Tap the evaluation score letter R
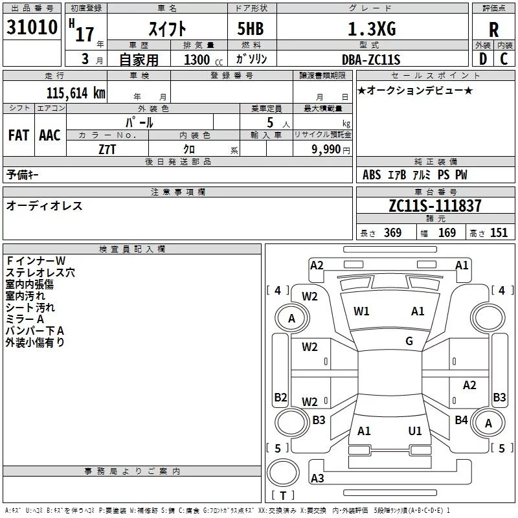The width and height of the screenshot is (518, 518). pos(493,30)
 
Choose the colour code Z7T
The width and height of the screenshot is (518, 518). pos(107,148)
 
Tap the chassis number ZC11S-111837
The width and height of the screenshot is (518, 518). pos(435,207)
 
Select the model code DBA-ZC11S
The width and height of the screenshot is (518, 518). pos(371,60)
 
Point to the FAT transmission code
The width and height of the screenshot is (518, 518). pos(18,135)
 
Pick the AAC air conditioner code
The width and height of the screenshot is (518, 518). pos(49,135)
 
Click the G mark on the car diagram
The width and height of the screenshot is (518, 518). pos(409,341)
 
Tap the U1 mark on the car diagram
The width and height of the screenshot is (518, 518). pos(415,431)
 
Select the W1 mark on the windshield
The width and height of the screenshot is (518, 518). pos(361,311)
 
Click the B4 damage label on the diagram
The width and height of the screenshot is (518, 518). pos(461,420)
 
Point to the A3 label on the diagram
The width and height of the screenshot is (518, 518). pos(317,479)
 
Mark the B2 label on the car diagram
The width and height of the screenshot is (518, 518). pos(280,397)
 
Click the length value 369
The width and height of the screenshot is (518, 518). pos(392,233)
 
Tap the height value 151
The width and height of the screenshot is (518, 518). pos(499,233)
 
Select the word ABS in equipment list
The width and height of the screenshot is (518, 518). pos(372,175)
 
